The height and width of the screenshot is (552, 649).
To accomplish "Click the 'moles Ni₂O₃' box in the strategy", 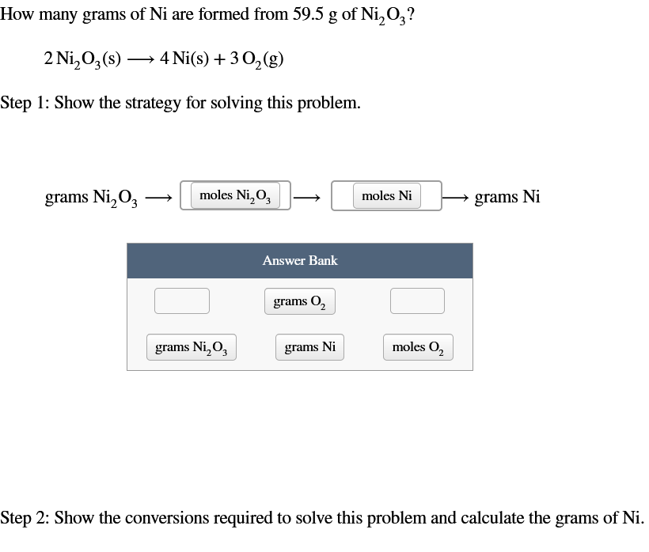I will pos(235,195).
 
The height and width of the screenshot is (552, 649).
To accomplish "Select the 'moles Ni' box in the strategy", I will pos(386,195).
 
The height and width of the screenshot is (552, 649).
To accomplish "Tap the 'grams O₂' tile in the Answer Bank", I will pos(300,301).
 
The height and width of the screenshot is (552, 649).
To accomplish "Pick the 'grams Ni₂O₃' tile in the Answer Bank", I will pos(190,347).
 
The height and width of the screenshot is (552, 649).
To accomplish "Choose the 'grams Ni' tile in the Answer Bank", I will pos(309,347).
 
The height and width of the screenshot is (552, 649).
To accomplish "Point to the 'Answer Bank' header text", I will pos(300,260).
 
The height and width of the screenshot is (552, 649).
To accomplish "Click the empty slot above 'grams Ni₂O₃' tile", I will pos(182,301).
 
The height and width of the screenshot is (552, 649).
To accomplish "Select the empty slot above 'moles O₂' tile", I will pos(417,301).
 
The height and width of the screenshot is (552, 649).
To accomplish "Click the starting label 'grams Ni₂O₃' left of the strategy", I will pos(92,197).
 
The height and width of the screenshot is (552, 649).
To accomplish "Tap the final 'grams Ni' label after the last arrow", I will pos(507,197).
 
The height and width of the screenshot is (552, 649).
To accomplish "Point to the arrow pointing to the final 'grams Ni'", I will pos(456,197).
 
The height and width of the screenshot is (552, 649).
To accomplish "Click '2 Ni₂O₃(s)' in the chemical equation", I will pos(82,59).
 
